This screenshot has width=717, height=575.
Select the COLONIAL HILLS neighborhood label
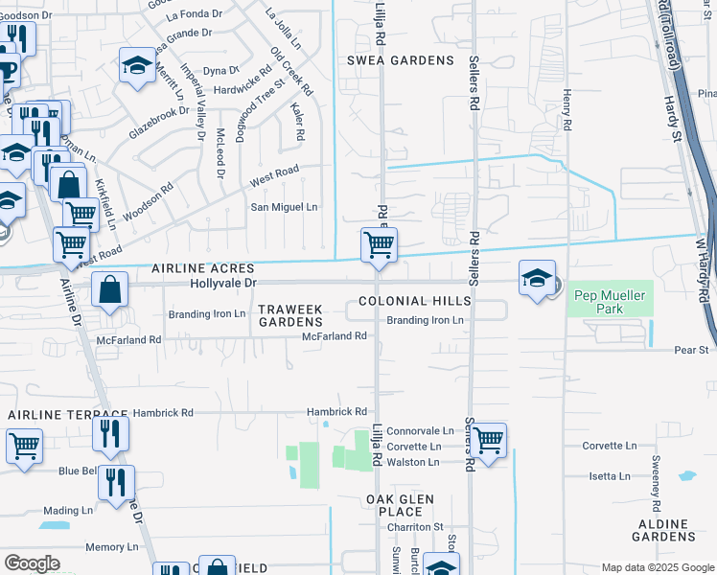pos(415,301)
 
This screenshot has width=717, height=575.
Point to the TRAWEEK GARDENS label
pos(289,314)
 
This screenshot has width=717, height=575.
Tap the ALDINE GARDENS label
pos(675,531)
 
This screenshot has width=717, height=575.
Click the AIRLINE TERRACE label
pos(67,414)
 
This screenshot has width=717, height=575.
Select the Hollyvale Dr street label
pos(223,283)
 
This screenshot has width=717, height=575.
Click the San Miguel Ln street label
pos(284,207)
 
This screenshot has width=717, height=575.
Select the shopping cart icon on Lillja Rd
pos(379,244)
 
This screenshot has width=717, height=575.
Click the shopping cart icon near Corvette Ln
pos(488,441)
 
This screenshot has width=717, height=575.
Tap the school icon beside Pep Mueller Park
pos(537,279)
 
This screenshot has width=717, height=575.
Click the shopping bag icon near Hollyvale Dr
pos(111,288)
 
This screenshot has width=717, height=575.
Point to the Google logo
pos(32,563)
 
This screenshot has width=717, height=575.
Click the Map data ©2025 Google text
pos(657,567)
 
